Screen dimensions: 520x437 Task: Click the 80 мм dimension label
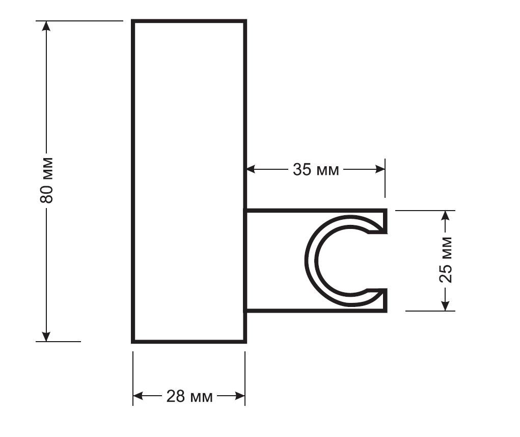(46, 179)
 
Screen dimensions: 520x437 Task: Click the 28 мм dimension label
(189, 396)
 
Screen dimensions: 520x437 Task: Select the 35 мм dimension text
(316, 170)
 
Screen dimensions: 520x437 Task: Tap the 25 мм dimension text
(446, 260)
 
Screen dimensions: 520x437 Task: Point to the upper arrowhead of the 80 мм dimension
(46, 26)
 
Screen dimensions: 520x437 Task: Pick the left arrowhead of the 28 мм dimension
(138, 396)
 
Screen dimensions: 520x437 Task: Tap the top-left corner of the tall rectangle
(133, 21)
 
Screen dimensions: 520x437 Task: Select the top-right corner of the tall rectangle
(245, 21)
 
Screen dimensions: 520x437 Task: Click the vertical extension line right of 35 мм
(385, 178)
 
